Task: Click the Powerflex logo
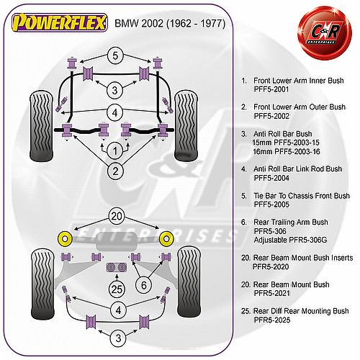click(x=60, y=22)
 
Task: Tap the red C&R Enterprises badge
click(x=325, y=33)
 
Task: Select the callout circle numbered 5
click(x=115, y=55)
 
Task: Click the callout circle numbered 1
click(x=115, y=151)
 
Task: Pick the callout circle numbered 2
click(x=115, y=171)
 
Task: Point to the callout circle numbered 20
click(x=117, y=217)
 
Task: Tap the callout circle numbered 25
click(x=117, y=289)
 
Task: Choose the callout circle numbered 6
click(x=144, y=285)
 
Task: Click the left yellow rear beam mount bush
click(x=65, y=239)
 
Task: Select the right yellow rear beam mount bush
click(x=166, y=239)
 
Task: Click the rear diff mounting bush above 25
click(x=117, y=267)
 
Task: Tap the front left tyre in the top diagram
click(x=41, y=126)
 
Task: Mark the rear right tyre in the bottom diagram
click(x=189, y=282)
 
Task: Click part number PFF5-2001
click(x=271, y=89)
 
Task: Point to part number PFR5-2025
click(x=272, y=320)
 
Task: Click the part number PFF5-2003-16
click(x=297, y=152)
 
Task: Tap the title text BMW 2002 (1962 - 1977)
click(x=170, y=24)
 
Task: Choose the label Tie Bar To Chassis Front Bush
click(x=302, y=196)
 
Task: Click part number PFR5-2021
click(x=272, y=293)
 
